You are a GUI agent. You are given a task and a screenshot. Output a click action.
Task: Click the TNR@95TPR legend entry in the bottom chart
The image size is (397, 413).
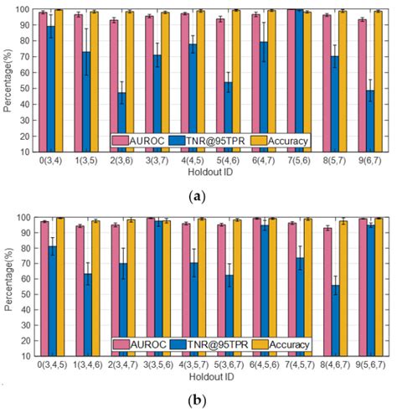[214, 344]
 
